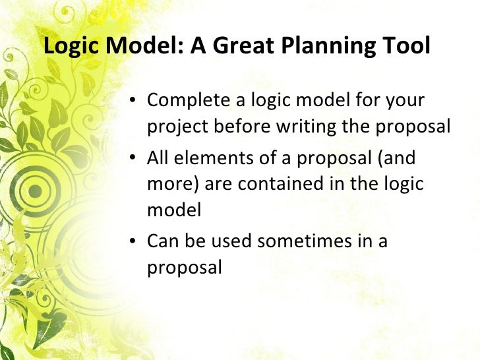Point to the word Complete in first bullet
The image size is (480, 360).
pos(187,102)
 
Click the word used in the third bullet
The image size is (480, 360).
pos(231,241)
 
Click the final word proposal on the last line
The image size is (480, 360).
pos(184,267)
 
